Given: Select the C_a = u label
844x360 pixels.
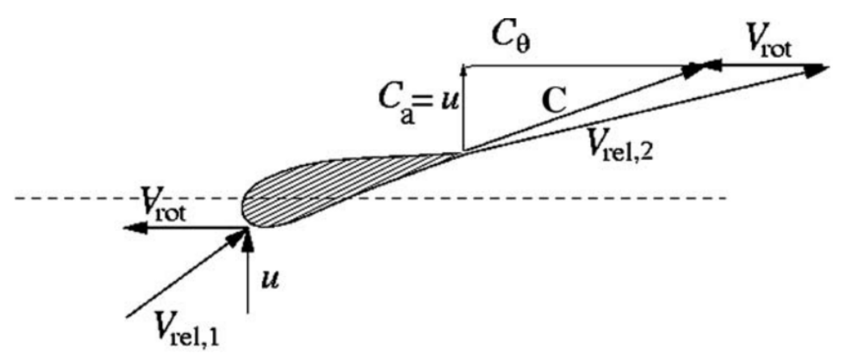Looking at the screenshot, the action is tap(418, 104).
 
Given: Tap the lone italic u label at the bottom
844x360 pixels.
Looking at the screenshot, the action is tap(270, 280).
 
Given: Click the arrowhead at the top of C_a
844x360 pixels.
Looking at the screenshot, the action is tap(464, 70).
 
